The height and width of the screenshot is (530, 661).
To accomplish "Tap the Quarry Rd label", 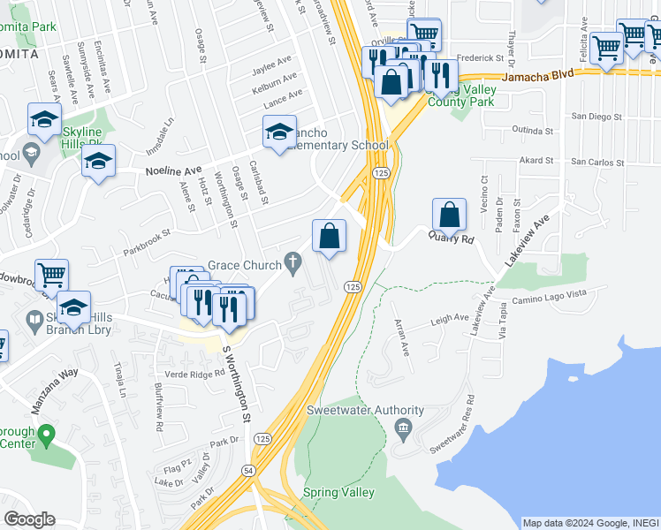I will pyautogui.click(x=452, y=238).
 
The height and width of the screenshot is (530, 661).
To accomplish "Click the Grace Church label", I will pyautogui.click(x=243, y=264).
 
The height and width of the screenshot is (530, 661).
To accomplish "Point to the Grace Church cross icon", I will pyautogui.click(x=293, y=262).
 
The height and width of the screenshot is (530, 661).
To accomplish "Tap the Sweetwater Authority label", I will pyautogui.click(x=365, y=411).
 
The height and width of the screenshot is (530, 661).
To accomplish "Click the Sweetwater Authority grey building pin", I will pyautogui.click(x=402, y=430).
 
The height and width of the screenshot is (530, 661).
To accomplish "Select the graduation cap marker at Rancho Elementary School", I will pyautogui.click(x=279, y=132).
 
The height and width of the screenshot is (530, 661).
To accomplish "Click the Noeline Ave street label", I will pyautogui.click(x=173, y=170).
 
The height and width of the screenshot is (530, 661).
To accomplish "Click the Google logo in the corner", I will pyautogui.click(x=29, y=519).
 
